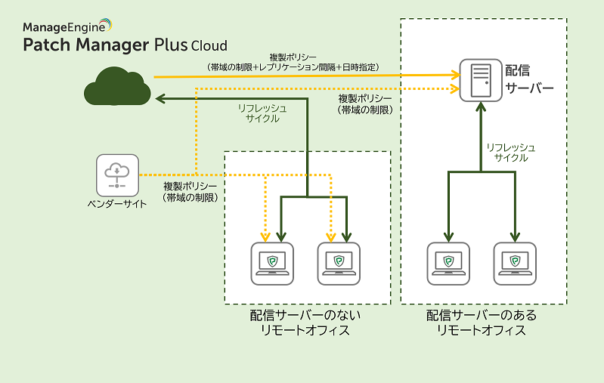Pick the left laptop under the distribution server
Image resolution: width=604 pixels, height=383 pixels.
[x=448, y=263]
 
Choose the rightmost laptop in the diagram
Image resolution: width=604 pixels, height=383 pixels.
[x=515, y=263]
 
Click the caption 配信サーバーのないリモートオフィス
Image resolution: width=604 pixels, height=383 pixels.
[x=306, y=323]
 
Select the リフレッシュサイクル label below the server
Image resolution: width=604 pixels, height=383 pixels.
[x=510, y=153]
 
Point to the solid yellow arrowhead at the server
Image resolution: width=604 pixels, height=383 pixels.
[x=457, y=75]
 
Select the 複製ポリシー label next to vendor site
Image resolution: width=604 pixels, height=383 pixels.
[x=190, y=192]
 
